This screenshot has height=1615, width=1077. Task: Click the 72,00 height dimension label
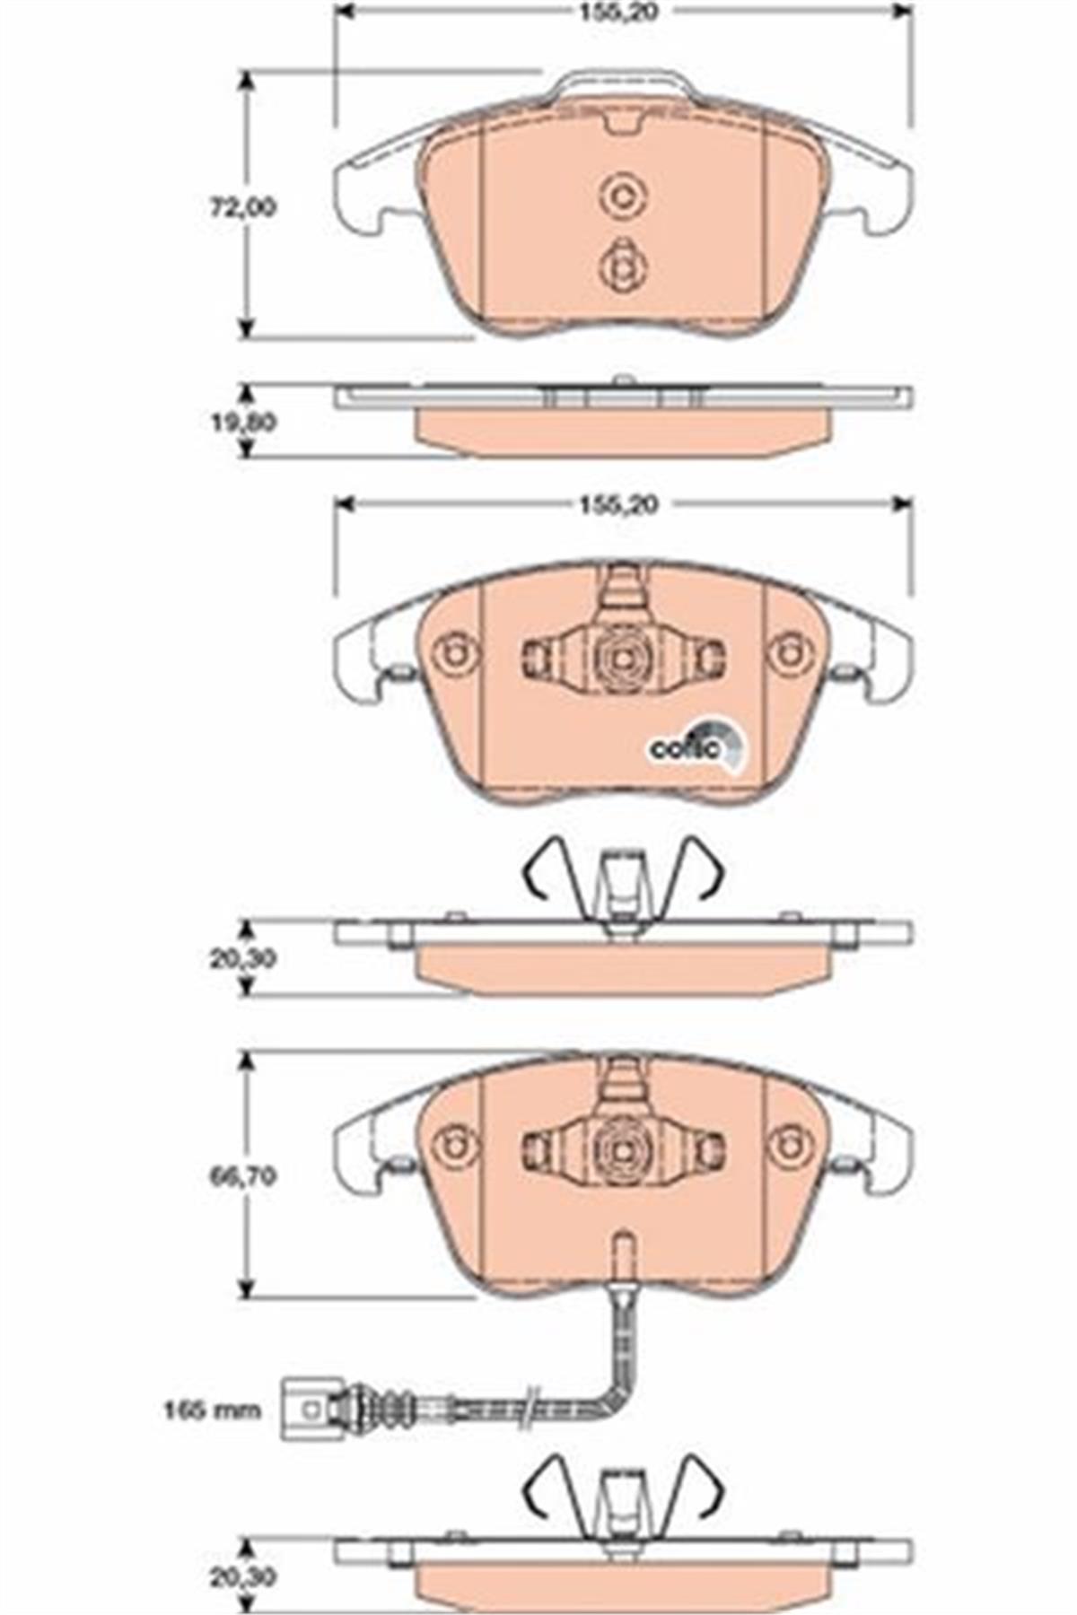point(242,208)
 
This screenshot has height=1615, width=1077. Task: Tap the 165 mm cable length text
point(212,1410)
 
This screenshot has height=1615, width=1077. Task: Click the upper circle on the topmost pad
point(620,196)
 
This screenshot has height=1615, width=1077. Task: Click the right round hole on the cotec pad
point(791,652)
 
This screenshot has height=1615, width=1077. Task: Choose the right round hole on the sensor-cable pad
point(791,1145)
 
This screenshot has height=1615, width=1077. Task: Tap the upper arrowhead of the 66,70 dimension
point(244,1063)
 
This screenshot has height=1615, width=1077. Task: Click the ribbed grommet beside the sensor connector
point(391,1410)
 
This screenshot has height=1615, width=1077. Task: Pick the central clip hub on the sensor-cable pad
point(621,1148)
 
